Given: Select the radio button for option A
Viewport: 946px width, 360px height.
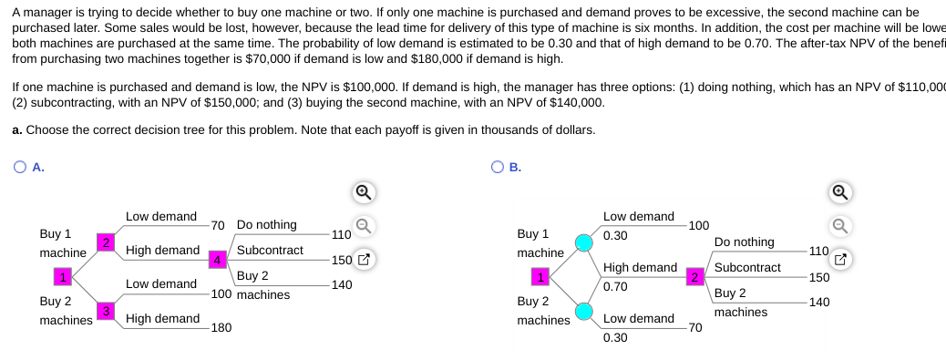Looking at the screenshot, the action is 20,167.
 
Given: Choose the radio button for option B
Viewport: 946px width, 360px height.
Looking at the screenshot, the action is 498,167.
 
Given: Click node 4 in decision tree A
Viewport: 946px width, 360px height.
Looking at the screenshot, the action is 217,259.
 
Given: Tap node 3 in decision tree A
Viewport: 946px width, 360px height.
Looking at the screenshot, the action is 106,312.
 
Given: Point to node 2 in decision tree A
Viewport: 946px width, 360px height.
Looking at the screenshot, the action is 107,242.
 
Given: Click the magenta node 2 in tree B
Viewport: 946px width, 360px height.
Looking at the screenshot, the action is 694,276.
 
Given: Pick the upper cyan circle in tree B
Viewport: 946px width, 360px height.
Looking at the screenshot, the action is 584,242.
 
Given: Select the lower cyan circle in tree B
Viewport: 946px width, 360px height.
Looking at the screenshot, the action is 584,312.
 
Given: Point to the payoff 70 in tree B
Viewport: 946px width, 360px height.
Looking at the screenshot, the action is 695,327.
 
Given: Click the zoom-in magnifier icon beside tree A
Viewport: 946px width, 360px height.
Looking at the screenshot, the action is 363,192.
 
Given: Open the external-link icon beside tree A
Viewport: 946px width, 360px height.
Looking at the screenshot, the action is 363,260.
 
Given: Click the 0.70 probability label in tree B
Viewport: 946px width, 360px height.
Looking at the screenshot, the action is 616,286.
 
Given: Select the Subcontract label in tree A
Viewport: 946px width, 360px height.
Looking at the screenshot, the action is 270,250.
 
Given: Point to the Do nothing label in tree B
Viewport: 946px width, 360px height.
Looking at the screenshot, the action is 745,242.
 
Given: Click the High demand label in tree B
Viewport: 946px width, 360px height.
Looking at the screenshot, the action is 640,268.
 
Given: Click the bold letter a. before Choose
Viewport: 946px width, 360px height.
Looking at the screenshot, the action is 17,129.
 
